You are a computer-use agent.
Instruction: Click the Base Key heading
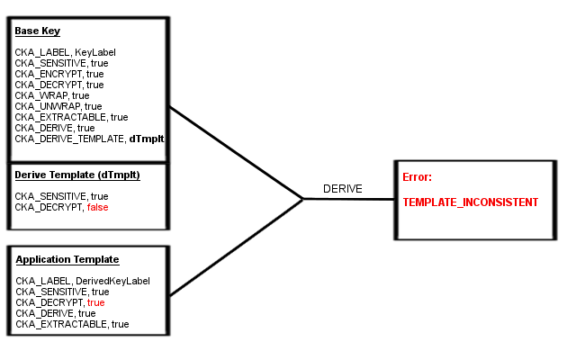(x=37, y=31)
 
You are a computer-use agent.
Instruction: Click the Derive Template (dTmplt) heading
(x=76, y=175)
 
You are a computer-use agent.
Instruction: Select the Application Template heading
(x=67, y=259)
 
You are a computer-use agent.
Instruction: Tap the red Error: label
(x=417, y=177)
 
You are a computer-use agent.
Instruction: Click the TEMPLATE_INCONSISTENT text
(x=470, y=202)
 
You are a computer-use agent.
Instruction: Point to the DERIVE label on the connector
(x=342, y=189)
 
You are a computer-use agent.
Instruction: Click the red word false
(x=97, y=207)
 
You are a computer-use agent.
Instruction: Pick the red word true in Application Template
(x=96, y=302)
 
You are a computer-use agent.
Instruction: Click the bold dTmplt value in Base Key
(x=146, y=139)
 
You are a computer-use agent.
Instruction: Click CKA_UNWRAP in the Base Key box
(x=43, y=106)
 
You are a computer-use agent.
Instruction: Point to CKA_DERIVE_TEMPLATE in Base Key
(x=69, y=139)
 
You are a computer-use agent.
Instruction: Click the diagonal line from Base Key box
(x=236, y=152)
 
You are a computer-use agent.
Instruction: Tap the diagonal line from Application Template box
(x=236, y=247)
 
